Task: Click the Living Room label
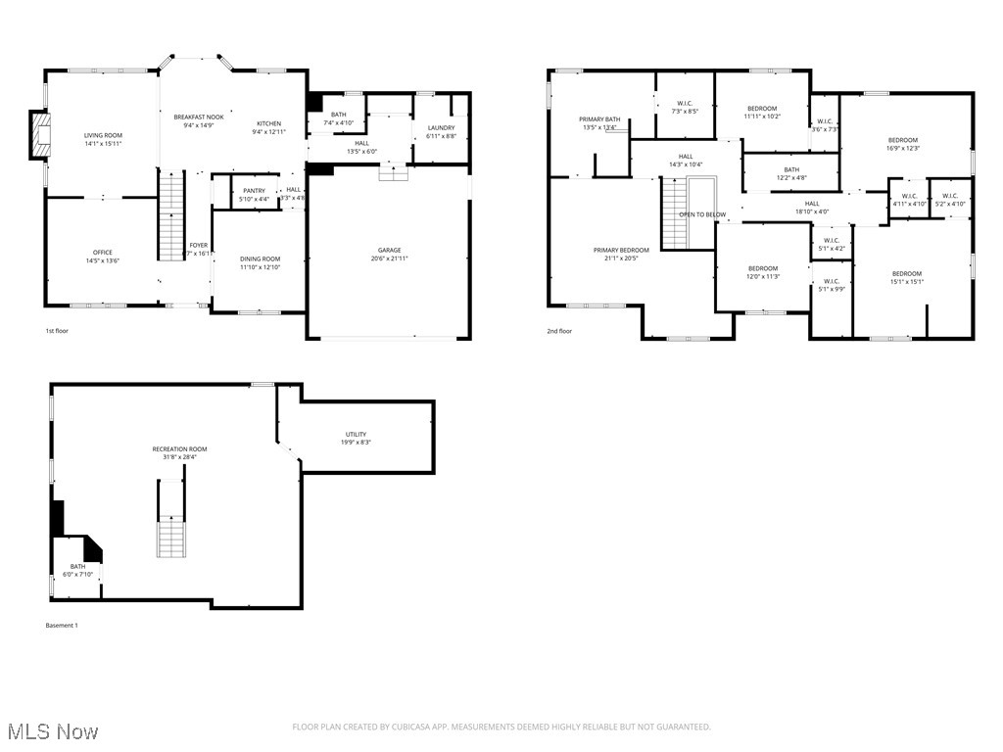click(x=102, y=135)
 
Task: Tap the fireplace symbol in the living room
click(x=39, y=135)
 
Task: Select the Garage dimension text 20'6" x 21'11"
click(x=389, y=258)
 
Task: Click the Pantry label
click(x=254, y=191)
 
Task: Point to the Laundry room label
click(x=441, y=128)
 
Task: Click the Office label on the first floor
click(x=102, y=253)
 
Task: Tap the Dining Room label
click(x=260, y=258)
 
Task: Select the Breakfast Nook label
click(x=199, y=117)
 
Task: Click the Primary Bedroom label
click(x=621, y=250)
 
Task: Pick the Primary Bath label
click(x=599, y=119)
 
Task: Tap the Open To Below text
click(x=702, y=214)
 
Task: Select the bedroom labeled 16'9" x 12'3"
click(x=902, y=140)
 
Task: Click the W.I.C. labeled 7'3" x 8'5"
click(x=686, y=104)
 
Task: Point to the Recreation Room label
click(x=179, y=449)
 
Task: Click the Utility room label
click(x=356, y=434)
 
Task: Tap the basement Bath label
click(x=76, y=566)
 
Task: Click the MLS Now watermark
click(x=52, y=731)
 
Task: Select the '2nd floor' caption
click(x=559, y=331)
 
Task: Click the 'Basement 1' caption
click(x=61, y=625)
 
